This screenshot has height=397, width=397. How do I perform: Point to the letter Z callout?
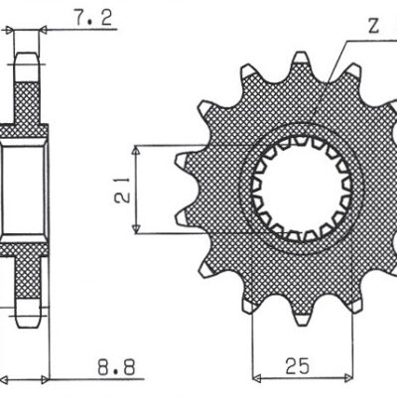tap(370, 28)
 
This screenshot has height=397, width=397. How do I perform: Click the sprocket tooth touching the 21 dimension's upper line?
tap(185, 158)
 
